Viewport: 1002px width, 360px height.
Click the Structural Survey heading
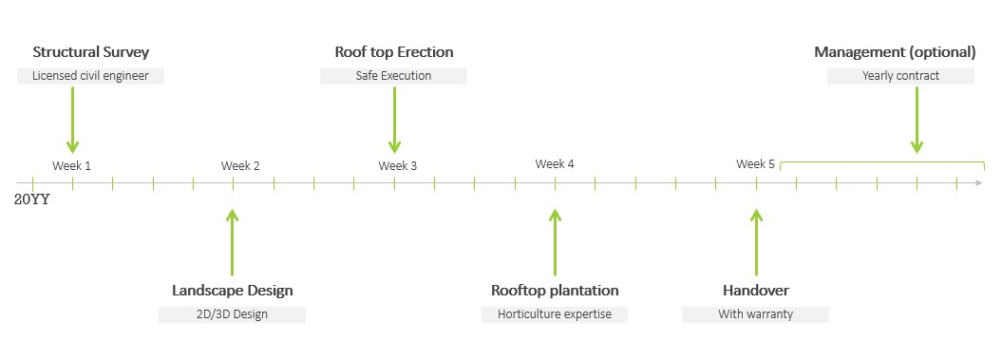click(x=91, y=52)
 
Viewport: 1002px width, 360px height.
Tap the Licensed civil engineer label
click(x=91, y=76)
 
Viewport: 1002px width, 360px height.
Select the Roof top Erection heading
click(x=394, y=52)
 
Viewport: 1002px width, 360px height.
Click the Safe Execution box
click(x=393, y=76)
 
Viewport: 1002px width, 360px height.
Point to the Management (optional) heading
click(x=895, y=52)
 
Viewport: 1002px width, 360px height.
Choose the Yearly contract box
click(x=900, y=76)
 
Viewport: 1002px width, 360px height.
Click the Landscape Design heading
click(x=233, y=291)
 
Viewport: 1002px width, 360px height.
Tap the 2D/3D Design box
click(x=232, y=314)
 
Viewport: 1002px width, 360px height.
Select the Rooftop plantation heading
click(x=555, y=291)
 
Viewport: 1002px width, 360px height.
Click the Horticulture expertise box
click(x=555, y=314)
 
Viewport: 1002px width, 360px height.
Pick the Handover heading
click(x=756, y=291)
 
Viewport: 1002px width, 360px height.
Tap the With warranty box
click(x=755, y=314)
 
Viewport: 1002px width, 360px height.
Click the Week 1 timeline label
click(x=71, y=166)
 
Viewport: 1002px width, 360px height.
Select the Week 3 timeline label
click(x=398, y=166)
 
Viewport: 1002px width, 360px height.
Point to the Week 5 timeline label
click(x=755, y=164)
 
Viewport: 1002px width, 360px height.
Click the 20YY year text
click(x=32, y=199)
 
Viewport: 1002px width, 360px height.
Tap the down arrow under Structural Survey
click(x=73, y=121)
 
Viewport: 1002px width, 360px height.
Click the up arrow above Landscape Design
click(x=233, y=242)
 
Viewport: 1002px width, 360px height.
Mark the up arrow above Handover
click(x=757, y=242)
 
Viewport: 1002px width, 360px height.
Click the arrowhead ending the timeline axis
click(x=979, y=183)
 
